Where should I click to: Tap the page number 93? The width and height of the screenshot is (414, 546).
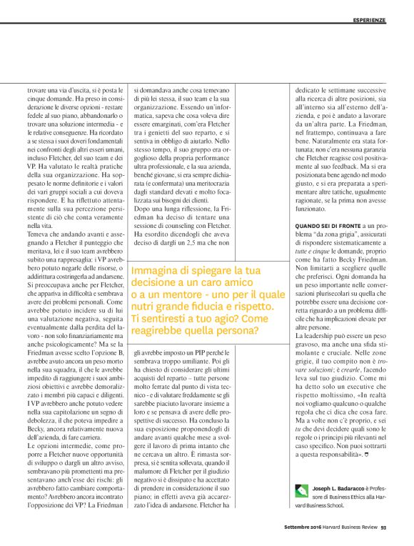tap(383, 528)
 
